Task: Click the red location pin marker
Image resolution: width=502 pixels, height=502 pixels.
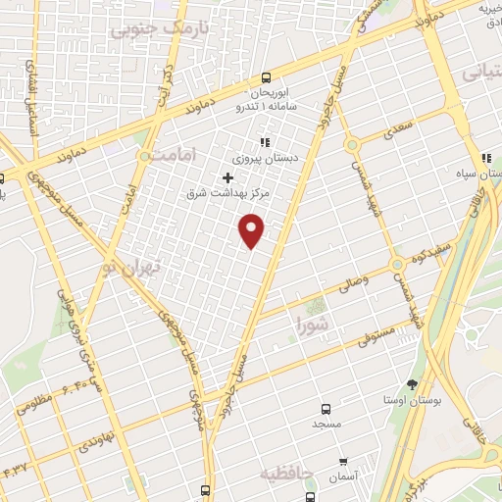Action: pos(253,229)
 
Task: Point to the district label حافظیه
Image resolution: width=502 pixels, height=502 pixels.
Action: pos(286,474)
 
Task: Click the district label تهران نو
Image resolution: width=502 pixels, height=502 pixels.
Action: pos(127,257)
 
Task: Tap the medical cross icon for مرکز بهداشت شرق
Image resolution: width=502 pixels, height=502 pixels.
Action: pos(228,177)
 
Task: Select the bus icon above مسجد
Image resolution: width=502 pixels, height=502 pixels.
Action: pos(326,409)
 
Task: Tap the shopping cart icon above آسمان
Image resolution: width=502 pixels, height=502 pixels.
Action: pos(342,461)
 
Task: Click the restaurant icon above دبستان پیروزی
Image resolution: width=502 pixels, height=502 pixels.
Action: pos(264,141)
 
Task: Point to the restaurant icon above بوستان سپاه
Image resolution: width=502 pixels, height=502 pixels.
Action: pos(484,159)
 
